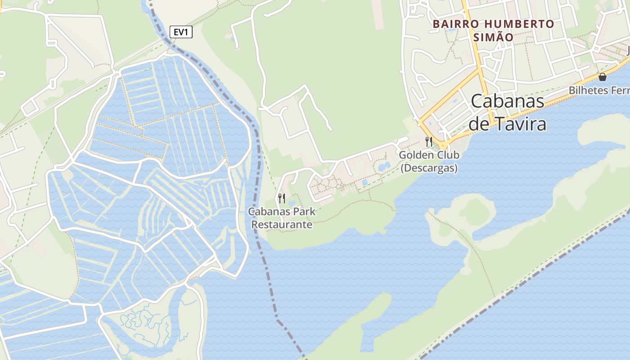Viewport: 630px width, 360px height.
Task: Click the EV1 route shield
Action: point(181,32)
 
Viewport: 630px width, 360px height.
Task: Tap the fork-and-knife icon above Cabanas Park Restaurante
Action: point(282,198)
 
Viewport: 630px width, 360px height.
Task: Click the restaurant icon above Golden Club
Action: point(429,142)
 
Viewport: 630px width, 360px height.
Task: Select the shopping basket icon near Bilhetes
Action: point(602,77)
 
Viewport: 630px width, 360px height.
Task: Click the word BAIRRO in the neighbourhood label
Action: point(451,24)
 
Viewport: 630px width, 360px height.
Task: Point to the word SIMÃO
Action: point(493,37)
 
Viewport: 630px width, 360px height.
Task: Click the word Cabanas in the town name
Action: point(508,102)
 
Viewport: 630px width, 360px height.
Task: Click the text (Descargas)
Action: point(429,168)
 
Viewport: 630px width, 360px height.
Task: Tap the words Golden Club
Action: point(429,155)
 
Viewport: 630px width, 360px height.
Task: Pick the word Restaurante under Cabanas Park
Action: point(282,224)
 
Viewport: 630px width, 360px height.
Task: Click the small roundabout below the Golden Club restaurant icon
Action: point(443,146)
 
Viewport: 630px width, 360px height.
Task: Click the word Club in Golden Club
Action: point(448,155)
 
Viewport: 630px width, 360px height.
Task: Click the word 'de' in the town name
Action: point(479,124)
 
